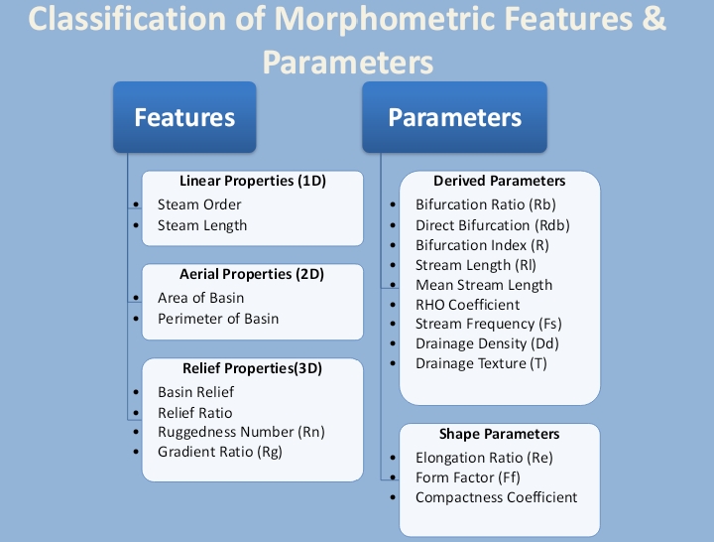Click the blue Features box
[184, 117]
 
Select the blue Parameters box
[454, 117]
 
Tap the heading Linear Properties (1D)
[253, 182]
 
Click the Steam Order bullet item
[199, 204]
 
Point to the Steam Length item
[202, 225]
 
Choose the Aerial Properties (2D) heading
[252, 274]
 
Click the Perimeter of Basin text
[218, 319]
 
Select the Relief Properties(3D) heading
[252, 368]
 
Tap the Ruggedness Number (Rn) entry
[241, 432]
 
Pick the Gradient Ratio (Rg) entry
[220, 452]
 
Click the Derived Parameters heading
[500, 181]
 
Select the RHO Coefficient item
[467, 305]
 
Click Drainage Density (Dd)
[487, 343]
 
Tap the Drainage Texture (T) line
[481, 363]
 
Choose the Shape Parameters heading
[500, 434]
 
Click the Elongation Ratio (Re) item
[484, 458]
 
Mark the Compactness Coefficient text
[496, 497]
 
